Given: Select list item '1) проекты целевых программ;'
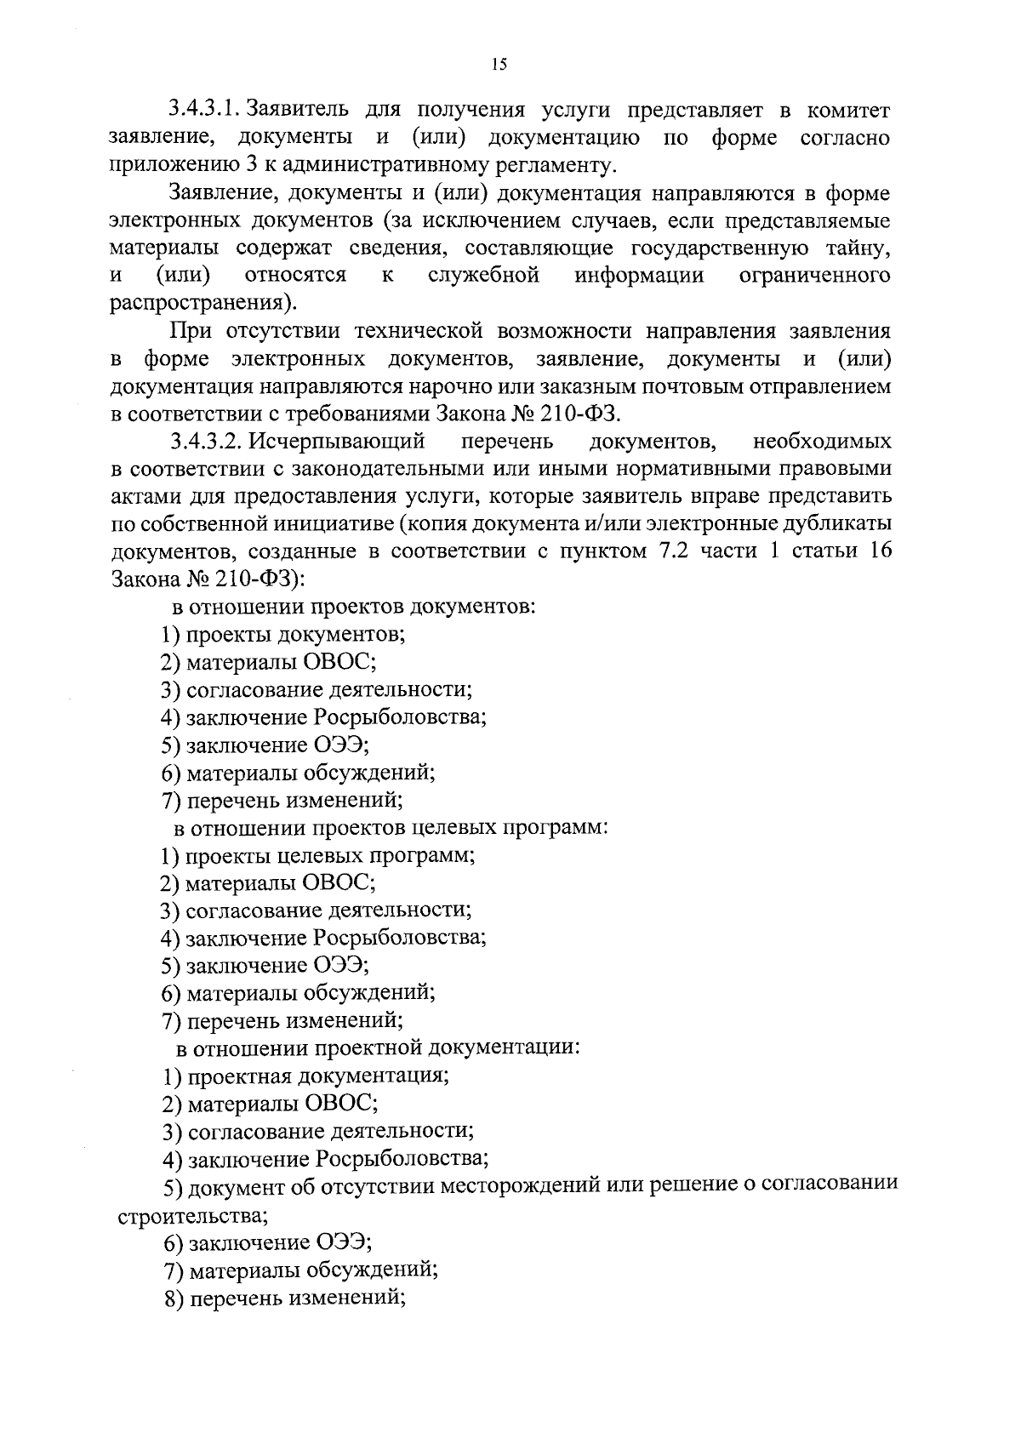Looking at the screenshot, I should (x=318, y=855).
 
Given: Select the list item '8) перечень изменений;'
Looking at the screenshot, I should (x=284, y=1298).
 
